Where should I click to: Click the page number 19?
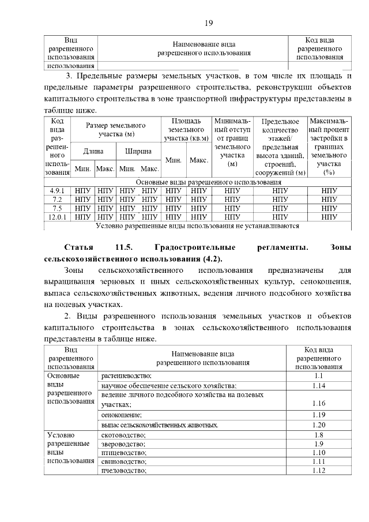pyautogui.click(x=209, y=23)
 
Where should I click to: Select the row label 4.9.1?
pyautogui.click(x=57, y=190)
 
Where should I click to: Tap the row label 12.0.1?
pyautogui.click(x=57, y=217)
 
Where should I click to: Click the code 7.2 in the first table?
pyautogui.click(x=57, y=199)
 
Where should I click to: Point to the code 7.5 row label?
pyautogui.click(x=57, y=208)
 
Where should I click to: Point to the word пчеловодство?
pyautogui.click(x=123, y=471)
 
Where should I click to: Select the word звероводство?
pyautogui.click(x=123, y=444)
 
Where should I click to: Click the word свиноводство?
pyautogui.click(x=123, y=461)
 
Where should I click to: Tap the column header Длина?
pyautogui.click(x=93, y=151)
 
